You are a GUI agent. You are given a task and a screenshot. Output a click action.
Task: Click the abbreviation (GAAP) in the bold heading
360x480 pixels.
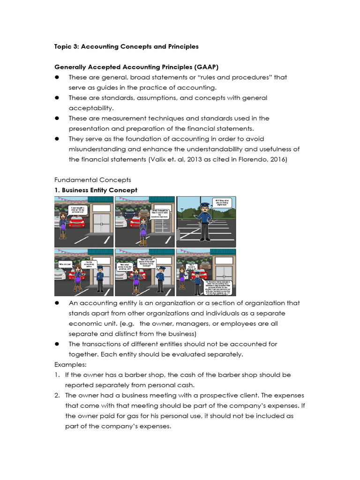pos(203,67)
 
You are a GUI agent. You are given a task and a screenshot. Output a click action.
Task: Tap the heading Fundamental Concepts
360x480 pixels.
pos(93,180)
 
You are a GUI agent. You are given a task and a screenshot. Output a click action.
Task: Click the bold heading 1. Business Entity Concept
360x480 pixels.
pos(96,190)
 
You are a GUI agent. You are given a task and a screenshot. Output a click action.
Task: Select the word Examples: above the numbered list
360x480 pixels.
pos(67,364)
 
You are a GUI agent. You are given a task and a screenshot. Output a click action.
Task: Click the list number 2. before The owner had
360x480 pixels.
pos(57,395)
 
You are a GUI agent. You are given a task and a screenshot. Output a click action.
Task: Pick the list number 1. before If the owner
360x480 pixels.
pos(57,375)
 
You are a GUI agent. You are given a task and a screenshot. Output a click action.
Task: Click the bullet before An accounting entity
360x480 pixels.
pos(57,303)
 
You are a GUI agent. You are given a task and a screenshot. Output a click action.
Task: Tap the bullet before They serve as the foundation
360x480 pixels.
pos(57,139)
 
